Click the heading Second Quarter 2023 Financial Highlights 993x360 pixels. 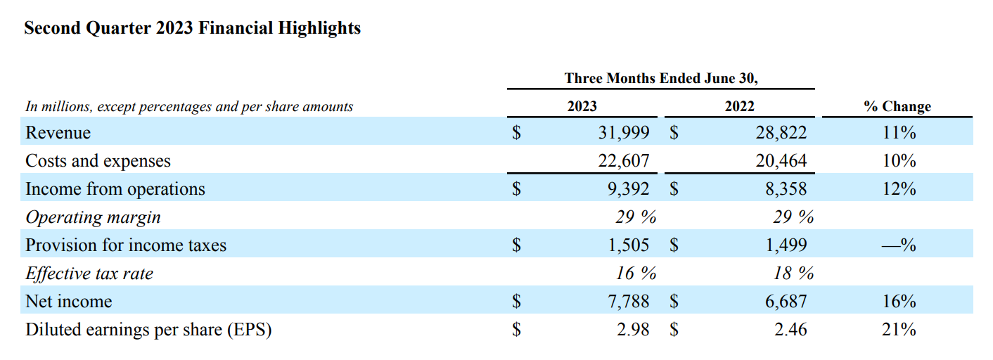192,28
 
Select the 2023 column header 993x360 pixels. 582,106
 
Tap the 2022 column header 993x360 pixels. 739,106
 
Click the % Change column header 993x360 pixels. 897,106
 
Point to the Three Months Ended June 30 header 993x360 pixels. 660,78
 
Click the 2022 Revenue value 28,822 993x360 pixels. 781,133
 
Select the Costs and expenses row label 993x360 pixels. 98,161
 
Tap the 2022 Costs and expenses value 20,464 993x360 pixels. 781,161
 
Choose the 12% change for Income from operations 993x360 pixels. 898,189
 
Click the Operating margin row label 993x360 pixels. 93,217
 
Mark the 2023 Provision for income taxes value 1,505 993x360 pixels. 627,245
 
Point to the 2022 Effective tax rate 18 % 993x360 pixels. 793,274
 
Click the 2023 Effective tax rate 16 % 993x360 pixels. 636,274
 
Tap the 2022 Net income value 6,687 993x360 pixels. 785,302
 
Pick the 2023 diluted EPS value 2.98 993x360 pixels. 633,330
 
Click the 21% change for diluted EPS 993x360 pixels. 898,330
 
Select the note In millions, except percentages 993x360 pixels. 189,107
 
